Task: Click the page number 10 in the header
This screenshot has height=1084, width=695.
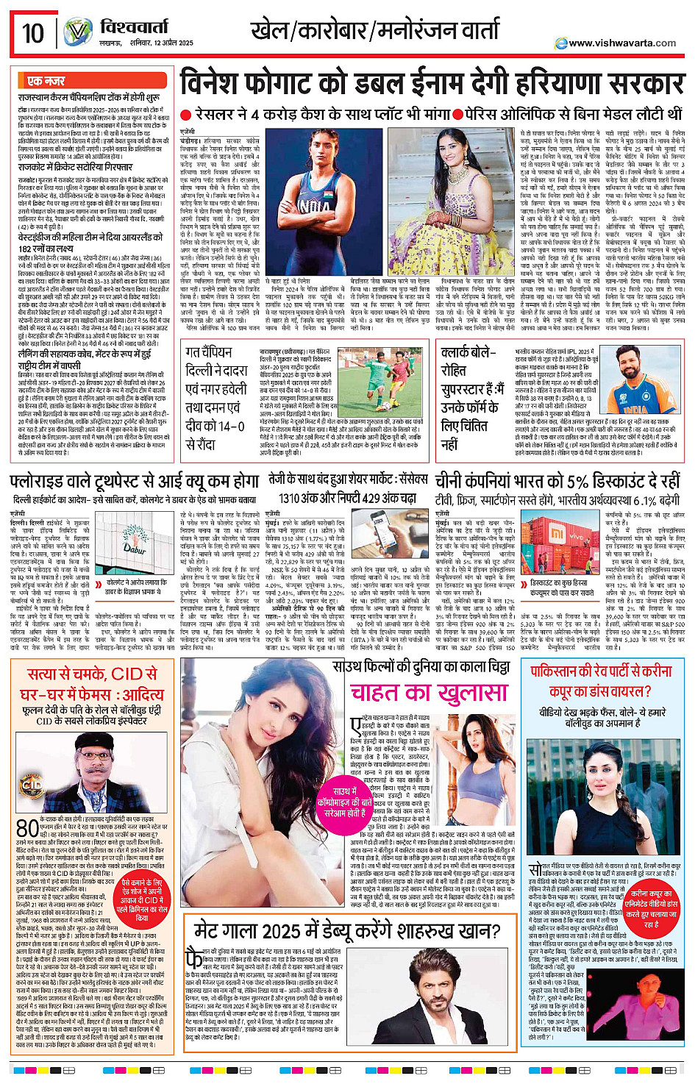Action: (x=33, y=33)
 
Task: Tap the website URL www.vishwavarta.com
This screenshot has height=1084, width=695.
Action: (x=622, y=43)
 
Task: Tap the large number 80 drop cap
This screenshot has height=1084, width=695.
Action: (x=28, y=829)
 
